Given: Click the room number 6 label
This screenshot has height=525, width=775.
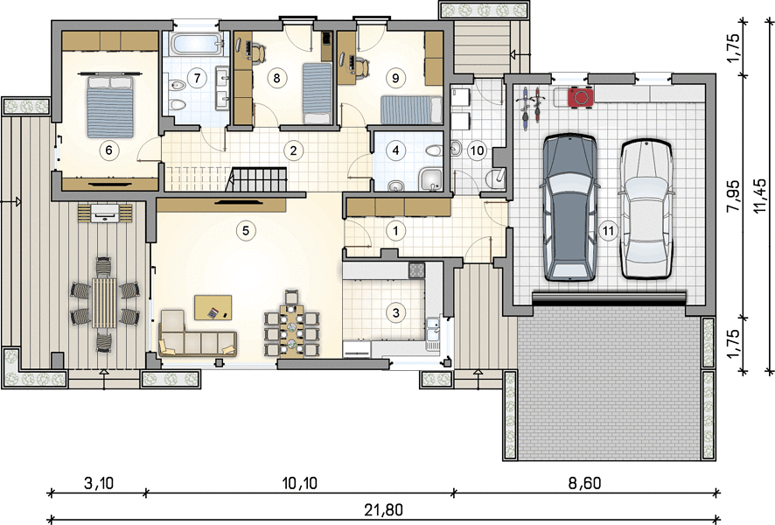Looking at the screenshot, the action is (109, 150).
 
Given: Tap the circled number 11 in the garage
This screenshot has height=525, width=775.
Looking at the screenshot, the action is (608, 230).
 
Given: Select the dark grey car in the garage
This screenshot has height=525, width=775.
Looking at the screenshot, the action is (569, 207).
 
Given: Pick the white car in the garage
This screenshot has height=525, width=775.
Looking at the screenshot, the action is (646, 209).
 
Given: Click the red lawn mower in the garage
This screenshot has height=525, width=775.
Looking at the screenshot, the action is (580, 96).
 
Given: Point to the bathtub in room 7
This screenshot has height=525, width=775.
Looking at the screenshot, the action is (195, 44).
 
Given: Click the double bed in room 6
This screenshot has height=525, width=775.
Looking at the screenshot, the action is (110, 106).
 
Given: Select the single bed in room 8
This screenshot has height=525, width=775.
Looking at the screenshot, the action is (317, 94).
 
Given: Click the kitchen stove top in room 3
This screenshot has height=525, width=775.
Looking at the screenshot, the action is (416, 269).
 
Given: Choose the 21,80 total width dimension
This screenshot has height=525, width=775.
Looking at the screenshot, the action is (384, 509).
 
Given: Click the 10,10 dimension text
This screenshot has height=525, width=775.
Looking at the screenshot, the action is (300, 483).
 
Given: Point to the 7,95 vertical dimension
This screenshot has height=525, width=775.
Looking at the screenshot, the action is (733, 196).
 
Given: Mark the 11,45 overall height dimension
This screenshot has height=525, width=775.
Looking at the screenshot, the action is (761, 196).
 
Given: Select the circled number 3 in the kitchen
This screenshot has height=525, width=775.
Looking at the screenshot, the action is (395, 312).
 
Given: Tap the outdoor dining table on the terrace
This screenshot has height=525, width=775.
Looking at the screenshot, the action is (104, 303).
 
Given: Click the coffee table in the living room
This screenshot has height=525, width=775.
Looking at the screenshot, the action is (213, 307).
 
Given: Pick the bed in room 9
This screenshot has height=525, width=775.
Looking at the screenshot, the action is (411, 109).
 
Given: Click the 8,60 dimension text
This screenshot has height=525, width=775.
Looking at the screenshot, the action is (584, 483).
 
